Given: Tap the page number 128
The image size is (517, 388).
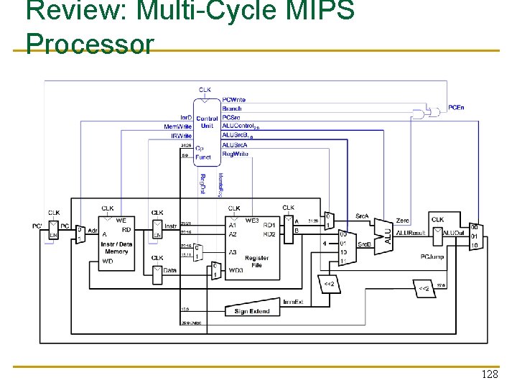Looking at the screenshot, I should point(490,375).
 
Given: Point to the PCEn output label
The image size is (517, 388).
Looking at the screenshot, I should point(456,108).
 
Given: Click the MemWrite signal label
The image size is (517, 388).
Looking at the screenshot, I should point(177,126).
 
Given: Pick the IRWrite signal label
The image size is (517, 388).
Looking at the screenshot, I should point(180,135).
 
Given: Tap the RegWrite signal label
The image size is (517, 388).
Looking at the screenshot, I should point(236,154).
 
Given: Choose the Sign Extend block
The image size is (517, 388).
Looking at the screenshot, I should point(252,311).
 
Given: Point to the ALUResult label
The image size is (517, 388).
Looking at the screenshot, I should point(411,233).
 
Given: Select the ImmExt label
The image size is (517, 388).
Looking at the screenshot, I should point(293,302).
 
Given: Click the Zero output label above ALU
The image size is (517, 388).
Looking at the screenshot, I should point(402,221).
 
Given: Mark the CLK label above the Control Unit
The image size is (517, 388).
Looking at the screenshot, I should point(205,90).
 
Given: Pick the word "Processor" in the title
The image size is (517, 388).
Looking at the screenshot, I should point(89,45).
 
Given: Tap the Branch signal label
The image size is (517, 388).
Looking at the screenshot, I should point(232,108).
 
